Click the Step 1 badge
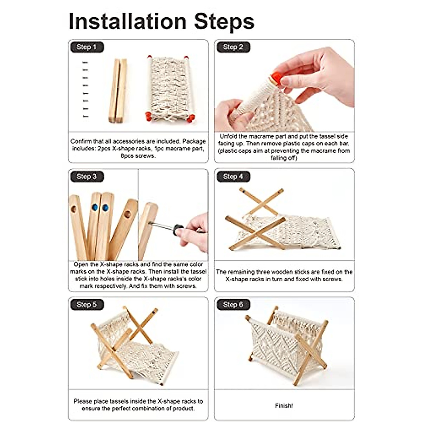87,47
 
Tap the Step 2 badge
233,47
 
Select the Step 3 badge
87,177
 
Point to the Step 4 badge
233,177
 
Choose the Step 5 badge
87,305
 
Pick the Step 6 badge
233,305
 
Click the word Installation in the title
127,21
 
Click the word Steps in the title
224,22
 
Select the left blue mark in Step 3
95,207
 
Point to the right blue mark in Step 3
105,207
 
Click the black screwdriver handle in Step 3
178,230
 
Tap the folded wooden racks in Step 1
118,91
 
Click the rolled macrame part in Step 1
170,89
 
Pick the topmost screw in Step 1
85,63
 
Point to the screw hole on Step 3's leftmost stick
73,209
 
